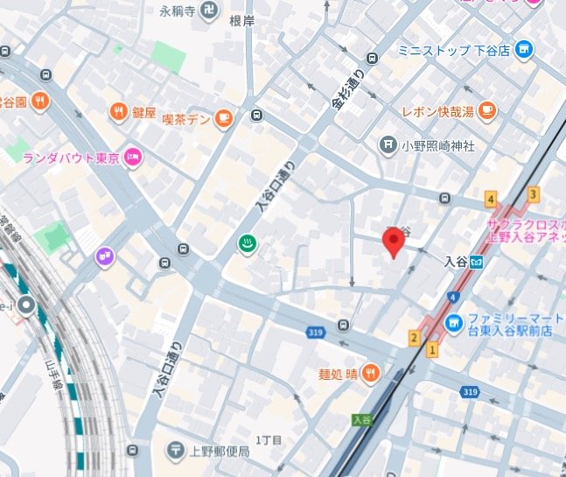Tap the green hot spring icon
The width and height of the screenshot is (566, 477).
248,246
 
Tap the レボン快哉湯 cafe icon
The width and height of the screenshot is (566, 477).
486,110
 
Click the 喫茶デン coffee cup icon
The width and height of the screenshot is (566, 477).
224,118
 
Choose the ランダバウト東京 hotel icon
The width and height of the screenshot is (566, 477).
133,157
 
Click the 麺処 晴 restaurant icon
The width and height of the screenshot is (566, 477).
371,372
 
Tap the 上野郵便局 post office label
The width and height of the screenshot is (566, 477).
220,452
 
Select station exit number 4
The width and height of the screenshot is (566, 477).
492,198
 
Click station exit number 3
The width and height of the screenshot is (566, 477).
533,194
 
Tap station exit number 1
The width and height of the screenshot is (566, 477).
431,350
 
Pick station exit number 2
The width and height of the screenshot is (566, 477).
414,338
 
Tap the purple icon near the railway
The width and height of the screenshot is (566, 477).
106,256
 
